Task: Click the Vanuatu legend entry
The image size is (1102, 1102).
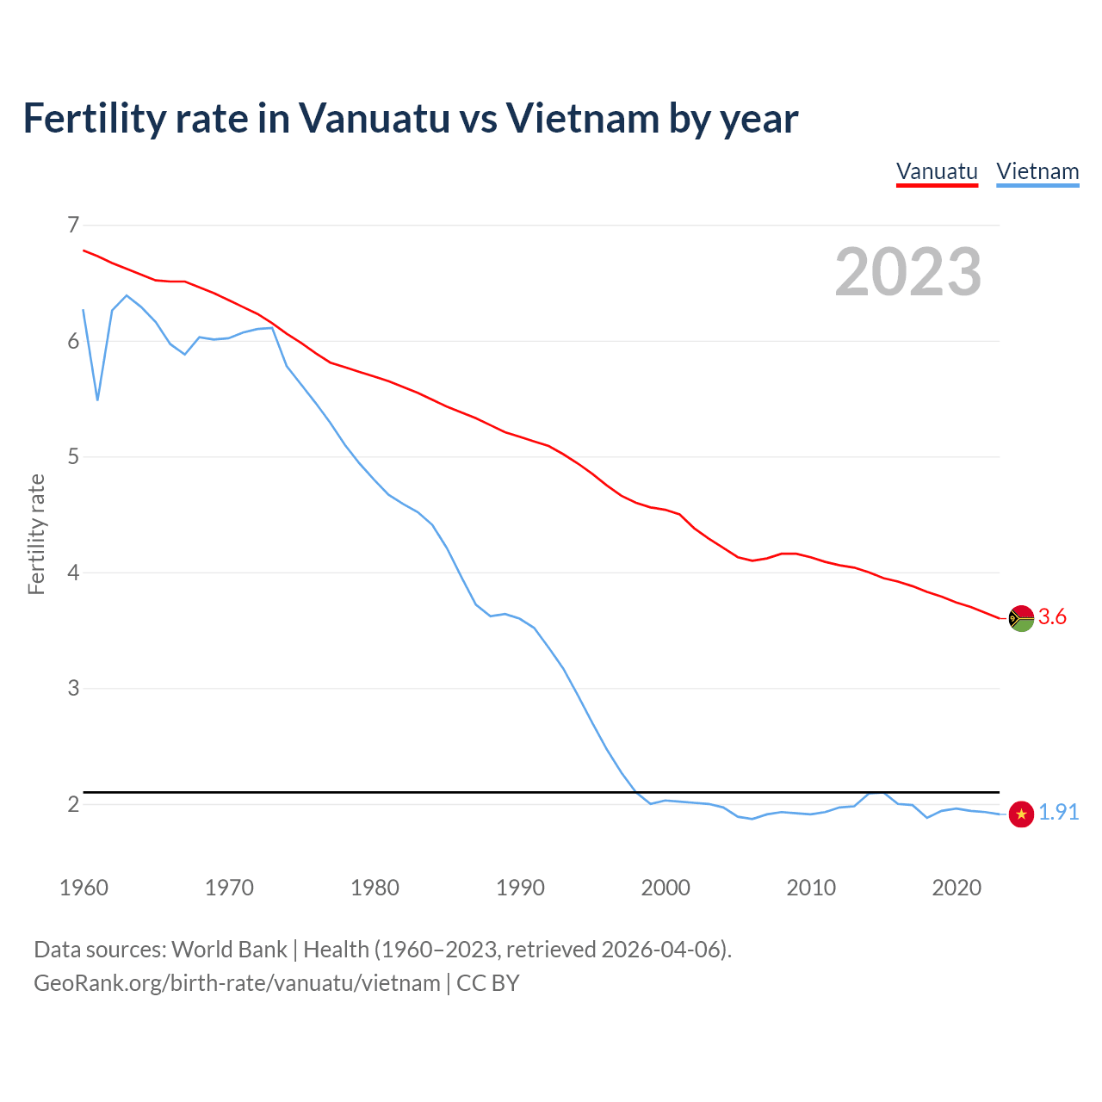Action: click(x=937, y=171)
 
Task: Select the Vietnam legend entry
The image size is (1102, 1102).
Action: click(x=1037, y=171)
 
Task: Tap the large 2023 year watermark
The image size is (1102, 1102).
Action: click(x=908, y=272)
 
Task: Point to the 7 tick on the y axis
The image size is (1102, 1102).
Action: click(x=73, y=226)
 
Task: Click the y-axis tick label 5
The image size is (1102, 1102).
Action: click(x=73, y=456)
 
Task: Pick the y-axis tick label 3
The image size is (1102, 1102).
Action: click(x=73, y=688)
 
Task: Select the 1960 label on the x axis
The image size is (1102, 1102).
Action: click(x=84, y=888)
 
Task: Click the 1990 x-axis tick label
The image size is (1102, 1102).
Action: click(x=520, y=888)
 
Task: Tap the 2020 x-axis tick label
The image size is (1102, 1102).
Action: click(x=957, y=888)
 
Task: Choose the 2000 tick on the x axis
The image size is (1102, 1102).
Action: click(x=666, y=888)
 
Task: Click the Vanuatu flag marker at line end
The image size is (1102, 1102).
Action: click(x=1021, y=618)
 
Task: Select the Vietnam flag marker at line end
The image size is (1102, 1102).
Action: click(x=1021, y=814)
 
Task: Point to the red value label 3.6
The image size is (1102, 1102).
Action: click(x=1052, y=617)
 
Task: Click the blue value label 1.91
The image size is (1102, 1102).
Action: click(x=1058, y=813)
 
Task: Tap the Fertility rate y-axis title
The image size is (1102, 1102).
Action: click(x=36, y=534)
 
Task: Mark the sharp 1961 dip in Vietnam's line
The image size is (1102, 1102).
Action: click(x=97, y=399)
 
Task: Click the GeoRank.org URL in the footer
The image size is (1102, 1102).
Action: click(x=237, y=983)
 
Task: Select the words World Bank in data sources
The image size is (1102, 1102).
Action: click(x=229, y=950)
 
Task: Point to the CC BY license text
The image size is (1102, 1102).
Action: click(x=488, y=983)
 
